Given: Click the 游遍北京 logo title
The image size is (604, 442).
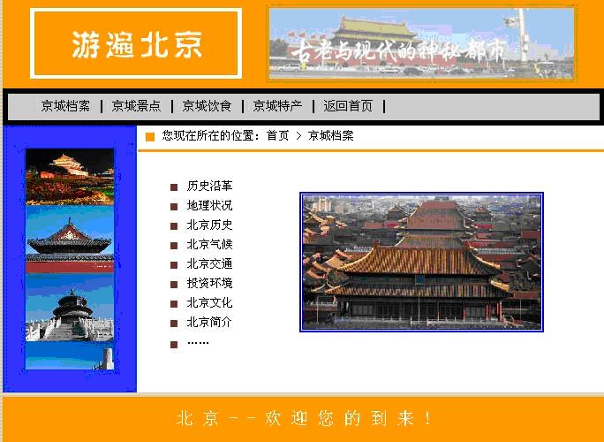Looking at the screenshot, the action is (137, 45).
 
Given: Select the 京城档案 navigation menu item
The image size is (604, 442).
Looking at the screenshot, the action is (65, 106).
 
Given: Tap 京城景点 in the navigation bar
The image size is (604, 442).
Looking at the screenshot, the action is (136, 106).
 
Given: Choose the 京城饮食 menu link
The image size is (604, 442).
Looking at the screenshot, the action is (207, 106).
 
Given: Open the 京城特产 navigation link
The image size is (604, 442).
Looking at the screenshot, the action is (277, 106).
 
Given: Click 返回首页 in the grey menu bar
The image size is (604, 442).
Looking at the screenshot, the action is (348, 106).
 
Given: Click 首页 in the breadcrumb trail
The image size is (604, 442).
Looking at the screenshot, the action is (277, 136).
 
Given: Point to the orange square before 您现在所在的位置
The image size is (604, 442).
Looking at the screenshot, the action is (150, 137).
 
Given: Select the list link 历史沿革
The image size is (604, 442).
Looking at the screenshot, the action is (209, 186).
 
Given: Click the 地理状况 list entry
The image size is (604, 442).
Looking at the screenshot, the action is (209, 206).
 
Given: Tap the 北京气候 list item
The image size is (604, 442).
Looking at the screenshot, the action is (209, 245).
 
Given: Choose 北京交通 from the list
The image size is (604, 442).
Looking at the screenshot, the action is (209, 263).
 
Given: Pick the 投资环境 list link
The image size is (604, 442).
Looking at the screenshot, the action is (209, 283).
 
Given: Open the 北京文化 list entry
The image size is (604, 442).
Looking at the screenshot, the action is (209, 302).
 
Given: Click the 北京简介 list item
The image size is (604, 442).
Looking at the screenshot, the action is (209, 322).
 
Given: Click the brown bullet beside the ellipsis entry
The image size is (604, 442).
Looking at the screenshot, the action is (174, 345).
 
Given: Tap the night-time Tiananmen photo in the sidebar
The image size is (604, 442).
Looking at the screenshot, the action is (70, 177).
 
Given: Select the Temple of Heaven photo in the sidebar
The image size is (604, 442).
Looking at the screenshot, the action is (70, 308).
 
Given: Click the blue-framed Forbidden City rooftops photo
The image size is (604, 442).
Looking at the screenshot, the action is (421, 262).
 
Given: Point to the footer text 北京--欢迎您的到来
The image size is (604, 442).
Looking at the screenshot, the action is (304, 418).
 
